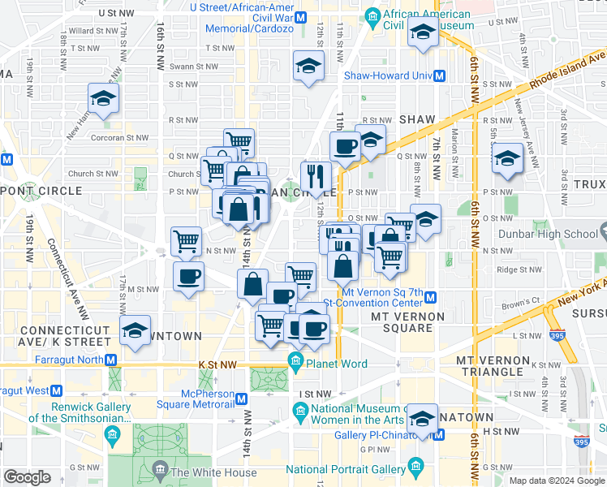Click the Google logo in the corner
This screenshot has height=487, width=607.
click(x=27, y=477)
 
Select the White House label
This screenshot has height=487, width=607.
click(x=213, y=472)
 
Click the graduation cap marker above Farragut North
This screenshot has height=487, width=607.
click(x=135, y=330)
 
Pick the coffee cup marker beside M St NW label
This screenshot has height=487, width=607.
click(x=188, y=276)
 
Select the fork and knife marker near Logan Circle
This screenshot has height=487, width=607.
click(x=316, y=174)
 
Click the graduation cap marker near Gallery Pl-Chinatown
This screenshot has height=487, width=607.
click(x=422, y=418)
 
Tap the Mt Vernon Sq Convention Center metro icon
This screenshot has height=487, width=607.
click(x=430, y=298)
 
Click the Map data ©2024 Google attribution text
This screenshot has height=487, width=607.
click(x=555, y=481)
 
